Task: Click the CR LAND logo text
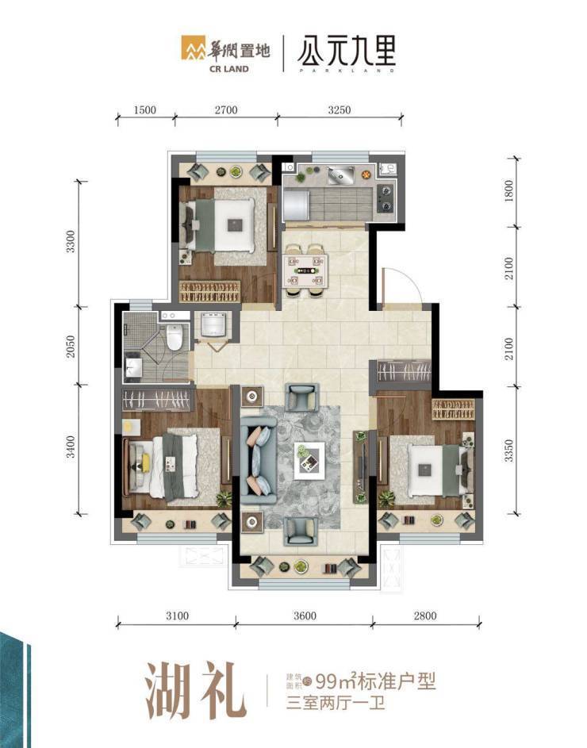coord(229,69)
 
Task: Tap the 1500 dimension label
coord(144,109)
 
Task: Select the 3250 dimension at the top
coord(340,109)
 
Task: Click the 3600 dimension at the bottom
coord(305,616)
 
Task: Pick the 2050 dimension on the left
coord(71,347)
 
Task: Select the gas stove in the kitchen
coord(386,198)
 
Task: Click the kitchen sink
coord(341,175)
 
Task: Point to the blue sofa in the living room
coord(259,461)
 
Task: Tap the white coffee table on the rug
coord(309,461)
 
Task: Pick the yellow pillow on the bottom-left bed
coord(145,462)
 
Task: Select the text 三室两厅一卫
coord(335,703)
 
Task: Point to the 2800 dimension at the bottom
coord(425,616)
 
